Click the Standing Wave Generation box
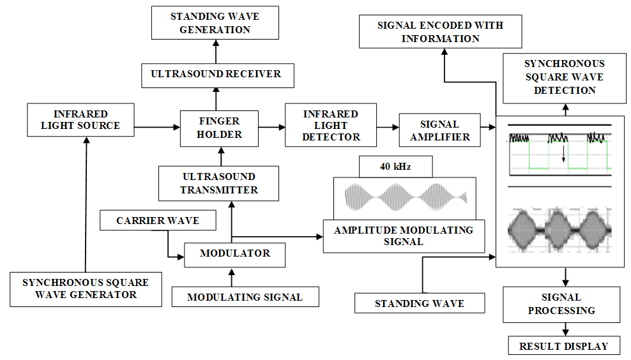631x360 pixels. pos(215,22)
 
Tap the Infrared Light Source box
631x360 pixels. pos(80,120)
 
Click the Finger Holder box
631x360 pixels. pos(219,127)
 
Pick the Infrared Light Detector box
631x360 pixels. pos(331,125)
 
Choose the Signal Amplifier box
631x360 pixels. pos(439,130)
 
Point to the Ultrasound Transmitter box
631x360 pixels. pos(219,183)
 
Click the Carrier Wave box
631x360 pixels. pos(158,221)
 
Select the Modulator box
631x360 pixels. pos(234,254)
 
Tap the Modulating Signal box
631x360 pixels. pos(245,297)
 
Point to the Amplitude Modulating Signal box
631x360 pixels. pos(404,236)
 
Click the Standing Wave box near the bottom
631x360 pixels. pos(419,303)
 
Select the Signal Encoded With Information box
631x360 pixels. pos(440,32)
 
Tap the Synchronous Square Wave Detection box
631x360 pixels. pos(564,77)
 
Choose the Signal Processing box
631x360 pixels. pos(561,304)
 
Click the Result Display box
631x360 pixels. pos(563,346)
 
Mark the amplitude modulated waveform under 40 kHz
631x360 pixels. pos(406,197)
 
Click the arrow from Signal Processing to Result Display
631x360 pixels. pos(565,328)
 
